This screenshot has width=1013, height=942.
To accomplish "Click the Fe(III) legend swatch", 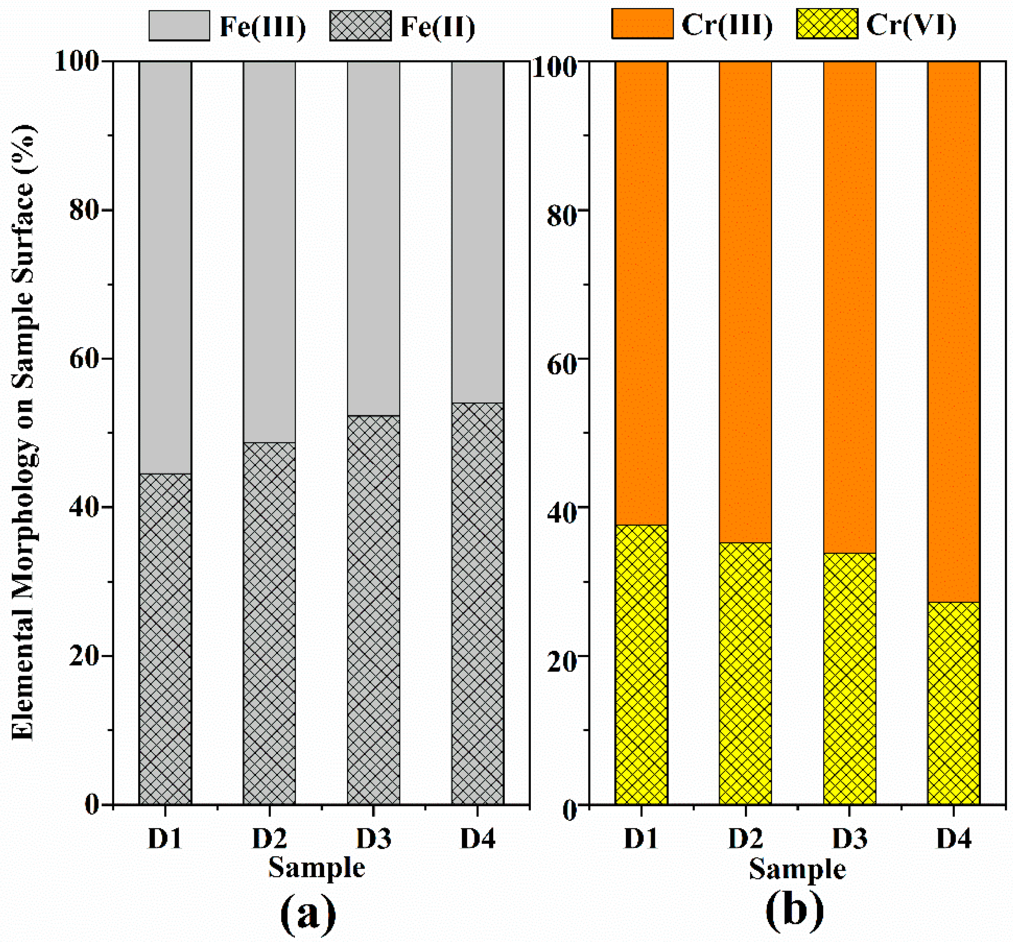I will pos(179,26).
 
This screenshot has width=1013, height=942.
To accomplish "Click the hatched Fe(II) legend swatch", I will pos(360,26).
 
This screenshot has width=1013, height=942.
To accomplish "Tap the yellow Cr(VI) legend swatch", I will pos(827,23).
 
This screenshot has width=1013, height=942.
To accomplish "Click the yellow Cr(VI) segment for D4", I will pos(953,703).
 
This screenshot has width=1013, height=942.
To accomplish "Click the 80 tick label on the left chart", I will pos(84,210).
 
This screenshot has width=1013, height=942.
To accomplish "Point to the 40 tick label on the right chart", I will pos(561,507).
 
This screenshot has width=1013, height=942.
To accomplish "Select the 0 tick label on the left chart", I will pos(92,805).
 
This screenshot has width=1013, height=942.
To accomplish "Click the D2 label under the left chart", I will pos(269,839).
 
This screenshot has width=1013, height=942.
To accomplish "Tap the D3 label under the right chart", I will pos(849,839).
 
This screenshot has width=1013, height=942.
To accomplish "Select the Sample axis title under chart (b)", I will pos(797,869).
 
